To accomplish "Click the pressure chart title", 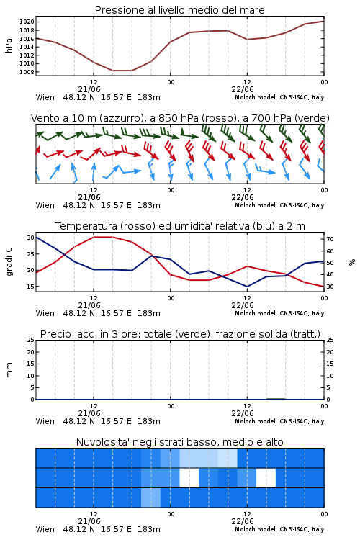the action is (179, 10).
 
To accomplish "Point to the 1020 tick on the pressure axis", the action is (27, 22).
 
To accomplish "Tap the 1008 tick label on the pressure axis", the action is (27, 72).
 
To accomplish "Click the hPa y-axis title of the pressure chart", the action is (9, 45).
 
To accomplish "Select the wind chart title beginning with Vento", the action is (180, 118).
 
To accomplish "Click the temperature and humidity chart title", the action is (180, 226).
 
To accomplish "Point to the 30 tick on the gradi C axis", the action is (31, 238).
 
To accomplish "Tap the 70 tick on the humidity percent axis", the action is (330, 239).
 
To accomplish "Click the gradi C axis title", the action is (9, 261).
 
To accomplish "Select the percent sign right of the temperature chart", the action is (352, 262).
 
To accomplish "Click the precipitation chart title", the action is (180, 334).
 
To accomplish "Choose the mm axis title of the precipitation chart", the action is (9, 370).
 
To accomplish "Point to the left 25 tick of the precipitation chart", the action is (31, 340).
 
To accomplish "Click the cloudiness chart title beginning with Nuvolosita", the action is (179, 442).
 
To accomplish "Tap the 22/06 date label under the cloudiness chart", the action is (243, 521).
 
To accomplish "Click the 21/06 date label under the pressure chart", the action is (89, 89).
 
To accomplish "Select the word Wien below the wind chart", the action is (45, 205).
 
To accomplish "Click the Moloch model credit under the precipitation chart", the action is (279, 421).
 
